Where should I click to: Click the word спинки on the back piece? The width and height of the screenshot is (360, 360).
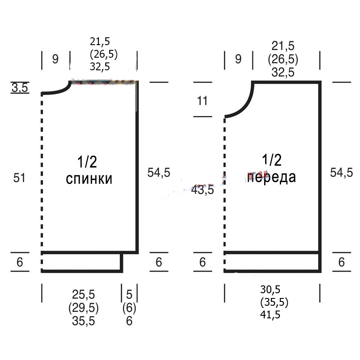pyautogui.click(x=89, y=179)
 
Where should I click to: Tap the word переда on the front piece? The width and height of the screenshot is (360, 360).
pyautogui.click(x=272, y=177)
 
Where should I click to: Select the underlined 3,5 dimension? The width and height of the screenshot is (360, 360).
pyautogui.click(x=20, y=88)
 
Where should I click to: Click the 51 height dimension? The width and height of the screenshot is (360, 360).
pyautogui.click(x=19, y=178)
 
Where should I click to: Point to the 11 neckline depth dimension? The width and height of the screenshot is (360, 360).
pyautogui.click(x=202, y=101)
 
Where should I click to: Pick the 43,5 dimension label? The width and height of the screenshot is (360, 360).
pyautogui.click(x=203, y=190)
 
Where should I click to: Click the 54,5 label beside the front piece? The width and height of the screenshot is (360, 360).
pyautogui.click(x=341, y=172)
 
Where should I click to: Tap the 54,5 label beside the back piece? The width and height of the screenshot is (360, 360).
pyautogui.click(x=159, y=172)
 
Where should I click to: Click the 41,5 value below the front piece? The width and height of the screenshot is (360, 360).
pyautogui.click(x=270, y=314)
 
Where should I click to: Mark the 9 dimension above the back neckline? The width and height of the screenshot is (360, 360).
pyautogui.click(x=56, y=59)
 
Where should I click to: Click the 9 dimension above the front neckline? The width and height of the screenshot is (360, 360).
pyautogui.click(x=238, y=59)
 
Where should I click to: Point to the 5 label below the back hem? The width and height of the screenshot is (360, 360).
pyautogui.click(x=129, y=295)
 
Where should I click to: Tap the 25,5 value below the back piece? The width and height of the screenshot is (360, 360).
pyautogui.click(x=83, y=295)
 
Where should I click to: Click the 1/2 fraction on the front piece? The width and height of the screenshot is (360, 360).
pyautogui.click(x=272, y=160)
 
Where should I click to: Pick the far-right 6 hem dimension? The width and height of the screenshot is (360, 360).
pyautogui.click(x=341, y=262)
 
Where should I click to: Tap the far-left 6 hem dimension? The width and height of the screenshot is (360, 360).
pyautogui.click(x=20, y=262)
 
